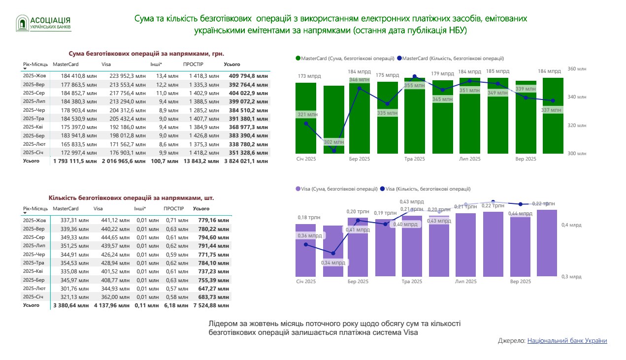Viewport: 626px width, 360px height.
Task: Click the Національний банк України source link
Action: [567, 341]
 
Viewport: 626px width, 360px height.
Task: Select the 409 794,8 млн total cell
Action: [247, 76]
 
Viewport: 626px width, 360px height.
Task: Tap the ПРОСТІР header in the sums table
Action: [193, 65]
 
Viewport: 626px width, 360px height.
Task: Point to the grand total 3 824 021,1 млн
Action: [246, 161]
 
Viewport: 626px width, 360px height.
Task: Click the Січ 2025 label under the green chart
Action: [306, 159]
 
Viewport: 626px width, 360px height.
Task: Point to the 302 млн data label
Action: [334, 142]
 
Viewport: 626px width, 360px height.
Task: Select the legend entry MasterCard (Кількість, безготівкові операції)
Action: [450, 58]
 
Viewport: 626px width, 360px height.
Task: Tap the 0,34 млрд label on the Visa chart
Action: [333, 262]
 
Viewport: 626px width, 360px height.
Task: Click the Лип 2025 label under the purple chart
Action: [466, 282]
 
